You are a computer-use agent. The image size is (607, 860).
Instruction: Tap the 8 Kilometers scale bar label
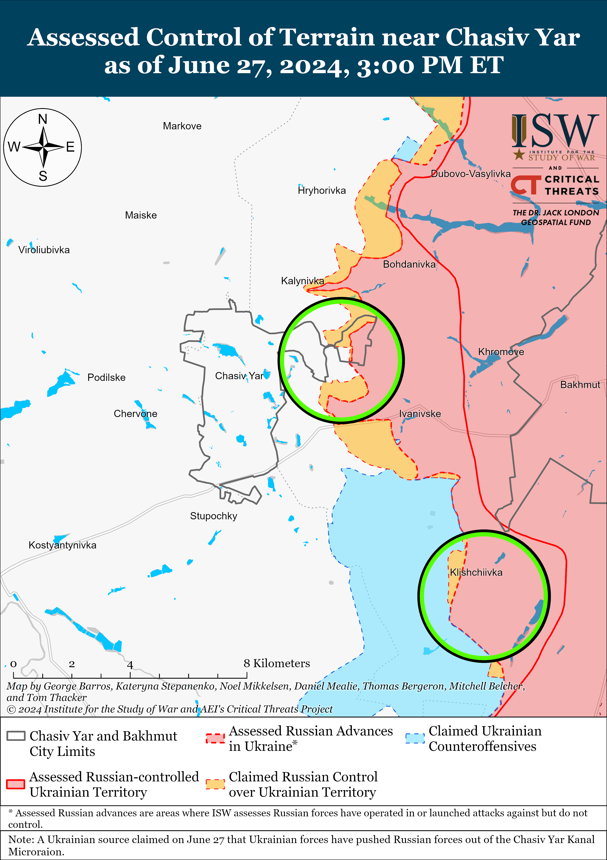(277, 663)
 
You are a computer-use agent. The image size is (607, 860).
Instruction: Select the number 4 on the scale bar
(130, 665)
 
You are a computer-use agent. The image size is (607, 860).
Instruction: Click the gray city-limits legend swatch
(16, 736)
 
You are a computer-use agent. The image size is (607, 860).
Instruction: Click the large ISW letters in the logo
(555, 131)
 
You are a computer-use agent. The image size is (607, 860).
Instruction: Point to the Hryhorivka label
(322, 191)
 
